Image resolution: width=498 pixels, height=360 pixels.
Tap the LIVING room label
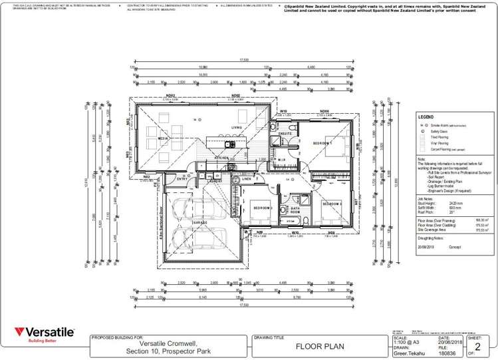click(236, 128)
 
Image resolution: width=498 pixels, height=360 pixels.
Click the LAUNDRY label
click(215, 181)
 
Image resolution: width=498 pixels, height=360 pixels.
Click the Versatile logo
click(44, 333)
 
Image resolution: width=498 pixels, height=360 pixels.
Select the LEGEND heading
click(426, 116)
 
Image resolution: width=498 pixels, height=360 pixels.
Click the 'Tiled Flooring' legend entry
click(440, 137)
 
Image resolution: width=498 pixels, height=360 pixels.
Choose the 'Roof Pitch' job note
click(427, 211)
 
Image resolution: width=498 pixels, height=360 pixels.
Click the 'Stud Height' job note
click(428, 203)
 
